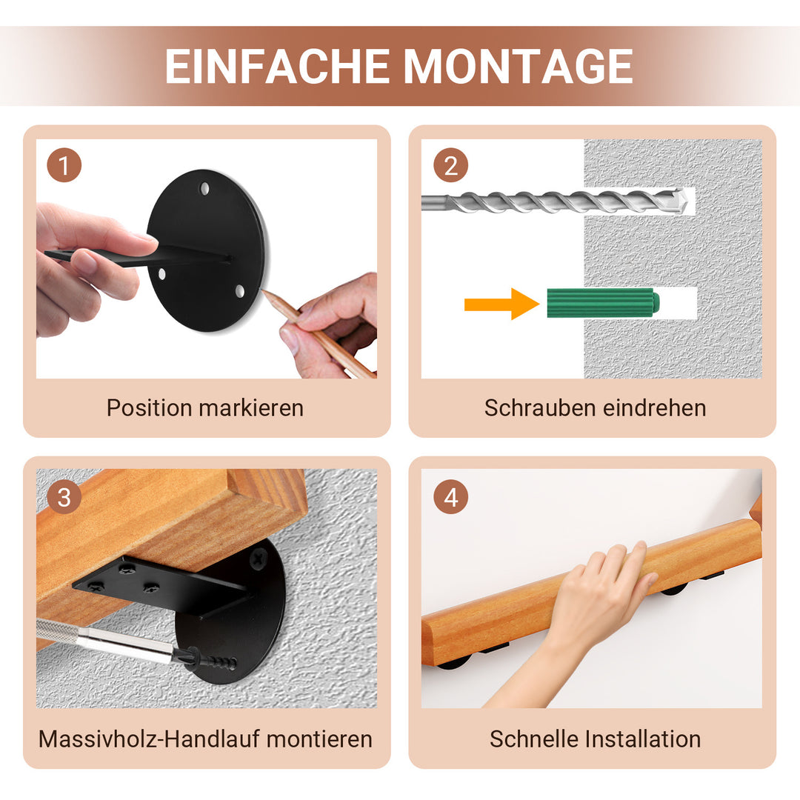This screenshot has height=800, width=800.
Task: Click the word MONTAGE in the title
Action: (x=518, y=67)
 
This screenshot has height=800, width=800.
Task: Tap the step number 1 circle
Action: (x=64, y=166)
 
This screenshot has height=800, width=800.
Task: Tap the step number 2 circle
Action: (x=450, y=166)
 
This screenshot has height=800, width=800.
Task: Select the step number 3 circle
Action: (x=64, y=498)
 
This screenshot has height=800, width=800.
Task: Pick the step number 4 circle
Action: (x=450, y=498)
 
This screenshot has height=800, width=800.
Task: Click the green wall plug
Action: (x=602, y=303)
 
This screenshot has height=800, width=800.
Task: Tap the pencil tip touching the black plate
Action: (x=265, y=293)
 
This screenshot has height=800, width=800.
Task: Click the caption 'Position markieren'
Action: (x=205, y=408)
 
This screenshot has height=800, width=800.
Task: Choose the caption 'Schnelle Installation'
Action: (x=595, y=739)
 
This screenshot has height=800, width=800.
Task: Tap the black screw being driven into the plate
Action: (x=211, y=659)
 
